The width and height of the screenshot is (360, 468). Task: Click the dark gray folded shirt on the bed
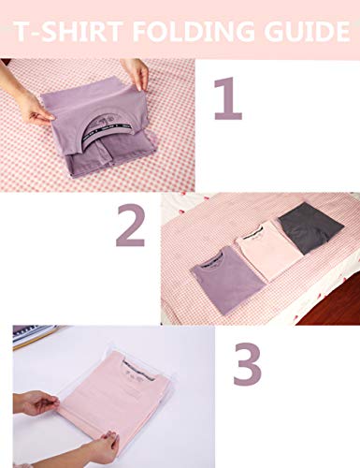coord(309,228)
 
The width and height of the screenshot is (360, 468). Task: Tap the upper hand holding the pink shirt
coord(37,405)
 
